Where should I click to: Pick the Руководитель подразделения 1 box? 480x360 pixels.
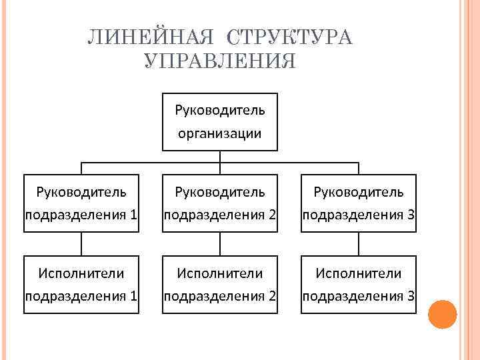click(81, 203)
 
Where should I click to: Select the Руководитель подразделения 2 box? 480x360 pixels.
click(220, 203)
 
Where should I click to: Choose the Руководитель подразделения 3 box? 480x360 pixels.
click(359, 203)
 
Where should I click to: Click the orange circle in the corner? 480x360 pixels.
click(441, 313)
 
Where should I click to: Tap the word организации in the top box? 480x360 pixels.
click(219, 133)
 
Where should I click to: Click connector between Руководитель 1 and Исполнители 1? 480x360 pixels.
click(81, 243)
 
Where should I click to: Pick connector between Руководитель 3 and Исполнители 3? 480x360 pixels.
click(359, 243)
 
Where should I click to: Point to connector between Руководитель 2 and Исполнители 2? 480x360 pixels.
click(220, 243)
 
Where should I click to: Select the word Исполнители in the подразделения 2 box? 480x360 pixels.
click(220, 273)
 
